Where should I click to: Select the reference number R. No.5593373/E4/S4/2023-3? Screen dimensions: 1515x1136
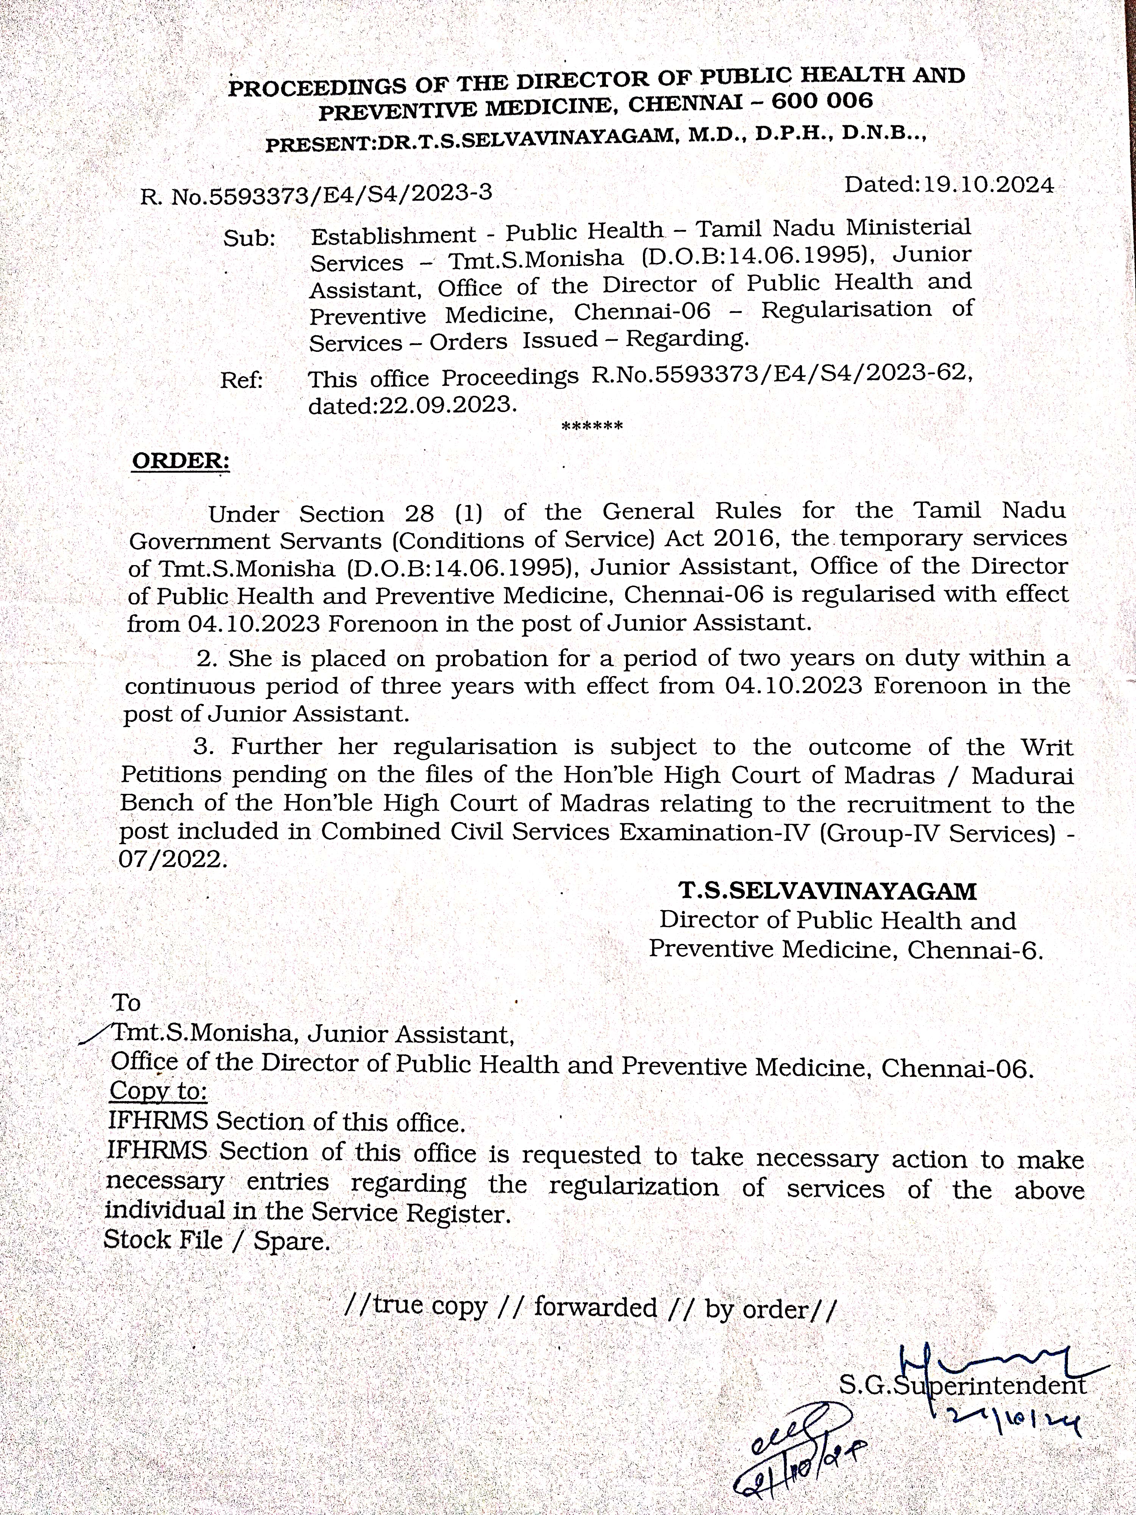pos(316,195)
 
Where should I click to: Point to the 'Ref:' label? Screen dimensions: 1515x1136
pos(242,381)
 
